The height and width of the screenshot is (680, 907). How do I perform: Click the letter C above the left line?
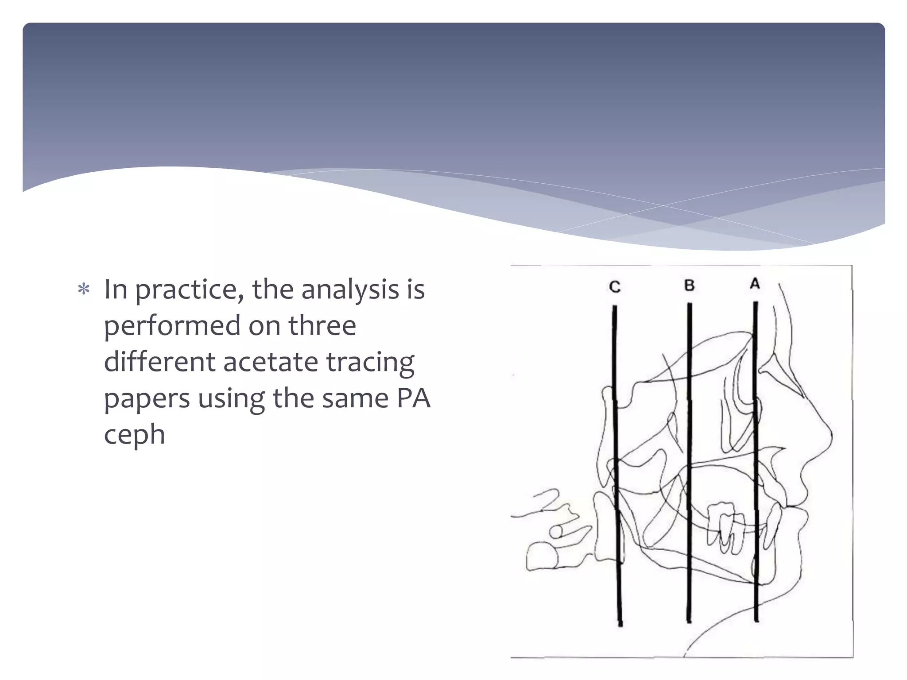(x=615, y=287)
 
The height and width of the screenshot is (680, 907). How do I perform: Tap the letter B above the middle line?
(x=689, y=286)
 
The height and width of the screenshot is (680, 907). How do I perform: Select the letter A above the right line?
(x=755, y=284)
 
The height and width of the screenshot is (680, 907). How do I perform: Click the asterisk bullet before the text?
(x=84, y=290)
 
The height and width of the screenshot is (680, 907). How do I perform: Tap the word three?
(x=322, y=326)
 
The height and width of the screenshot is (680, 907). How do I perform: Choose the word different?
(x=159, y=362)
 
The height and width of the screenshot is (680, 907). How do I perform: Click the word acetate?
(x=270, y=362)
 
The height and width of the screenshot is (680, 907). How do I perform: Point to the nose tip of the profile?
(x=831, y=436)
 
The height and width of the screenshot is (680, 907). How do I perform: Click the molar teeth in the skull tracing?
(x=724, y=527)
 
